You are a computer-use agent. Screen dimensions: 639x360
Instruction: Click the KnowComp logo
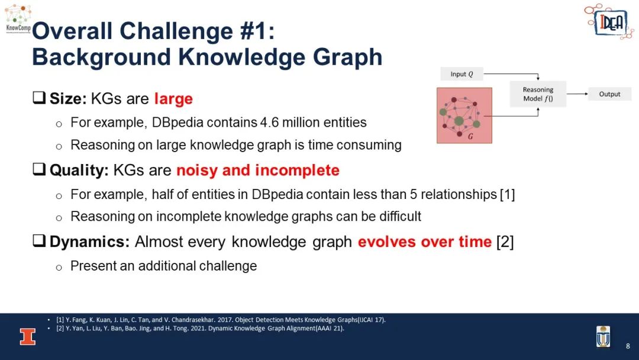tap(18, 19)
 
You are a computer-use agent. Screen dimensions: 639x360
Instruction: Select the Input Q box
tap(461, 74)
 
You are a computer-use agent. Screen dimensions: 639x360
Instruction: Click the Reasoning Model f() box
tap(538, 94)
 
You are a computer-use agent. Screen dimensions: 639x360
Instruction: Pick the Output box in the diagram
tap(609, 94)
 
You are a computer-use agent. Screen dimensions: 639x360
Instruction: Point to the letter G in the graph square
tap(470, 136)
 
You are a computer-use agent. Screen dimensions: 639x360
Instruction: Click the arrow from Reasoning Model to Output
tap(577, 94)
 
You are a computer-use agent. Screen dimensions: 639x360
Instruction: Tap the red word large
tap(173, 99)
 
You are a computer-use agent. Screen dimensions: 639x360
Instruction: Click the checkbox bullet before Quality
tap(39, 169)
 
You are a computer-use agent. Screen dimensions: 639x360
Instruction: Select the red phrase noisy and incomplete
tap(257, 170)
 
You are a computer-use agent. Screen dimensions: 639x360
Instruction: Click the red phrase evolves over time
tap(425, 242)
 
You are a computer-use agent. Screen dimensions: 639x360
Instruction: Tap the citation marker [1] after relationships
tap(508, 194)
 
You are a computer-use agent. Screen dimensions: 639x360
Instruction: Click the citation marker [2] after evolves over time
tap(505, 242)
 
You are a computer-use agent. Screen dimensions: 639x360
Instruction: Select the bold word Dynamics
tap(89, 242)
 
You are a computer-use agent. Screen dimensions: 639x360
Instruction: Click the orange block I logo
tap(28, 337)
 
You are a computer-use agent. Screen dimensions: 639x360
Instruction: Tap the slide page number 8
tap(628, 346)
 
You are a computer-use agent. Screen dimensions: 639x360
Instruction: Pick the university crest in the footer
tap(603, 337)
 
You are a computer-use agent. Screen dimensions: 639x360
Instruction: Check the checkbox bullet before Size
tap(39, 98)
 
